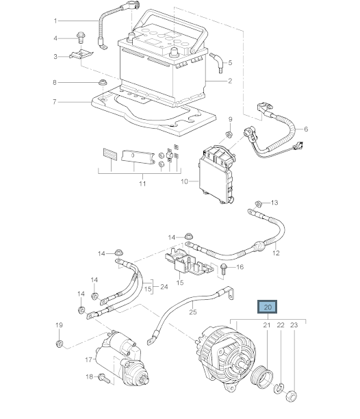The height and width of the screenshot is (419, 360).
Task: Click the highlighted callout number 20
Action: [x=268, y=307]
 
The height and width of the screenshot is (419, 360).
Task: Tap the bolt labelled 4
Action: [x=80, y=38]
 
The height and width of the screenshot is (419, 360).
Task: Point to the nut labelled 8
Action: [x=102, y=82]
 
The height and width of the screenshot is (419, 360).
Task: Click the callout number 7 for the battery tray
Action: [x=55, y=102]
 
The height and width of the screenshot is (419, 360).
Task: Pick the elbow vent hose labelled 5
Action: [x=217, y=63]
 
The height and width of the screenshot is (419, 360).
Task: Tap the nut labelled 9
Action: [x=229, y=134]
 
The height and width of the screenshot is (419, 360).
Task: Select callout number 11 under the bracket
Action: [x=142, y=184]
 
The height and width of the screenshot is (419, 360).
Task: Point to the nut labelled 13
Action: [x=258, y=204]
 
